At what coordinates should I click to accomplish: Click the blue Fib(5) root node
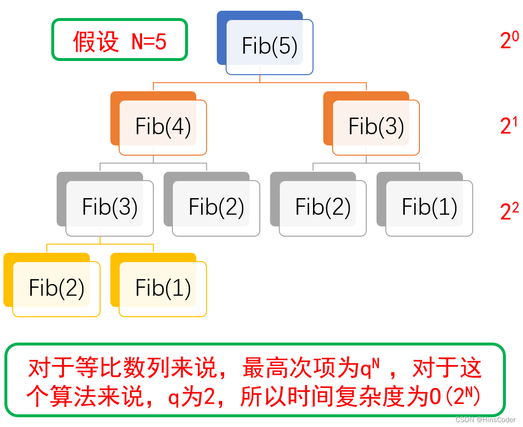[x=269, y=46]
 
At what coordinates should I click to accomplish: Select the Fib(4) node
[x=163, y=127]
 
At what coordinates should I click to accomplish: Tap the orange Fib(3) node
[x=376, y=127]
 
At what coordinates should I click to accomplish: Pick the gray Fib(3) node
[x=109, y=207]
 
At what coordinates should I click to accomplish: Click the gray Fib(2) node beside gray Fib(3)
[x=216, y=207]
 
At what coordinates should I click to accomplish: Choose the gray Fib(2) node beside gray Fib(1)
[x=322, y=207]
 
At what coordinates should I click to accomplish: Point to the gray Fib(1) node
[x=429, y=207]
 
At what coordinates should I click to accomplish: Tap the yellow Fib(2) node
[x=56, y=288]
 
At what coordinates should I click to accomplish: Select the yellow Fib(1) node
[x=163, y=288]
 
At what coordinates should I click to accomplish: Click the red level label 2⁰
[x=509, y=41]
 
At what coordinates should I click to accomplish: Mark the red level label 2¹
[x=509, y=126]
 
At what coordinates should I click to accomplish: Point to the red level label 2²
[x=509, y=211]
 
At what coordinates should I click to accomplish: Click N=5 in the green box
[x=149, y=42]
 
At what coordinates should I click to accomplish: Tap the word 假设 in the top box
[x=96, y=42]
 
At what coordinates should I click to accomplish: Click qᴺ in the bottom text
[x=371, y=368]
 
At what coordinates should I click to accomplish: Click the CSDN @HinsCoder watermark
[x=485, y=420]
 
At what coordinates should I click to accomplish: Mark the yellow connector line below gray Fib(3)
[x=100, y=244]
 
